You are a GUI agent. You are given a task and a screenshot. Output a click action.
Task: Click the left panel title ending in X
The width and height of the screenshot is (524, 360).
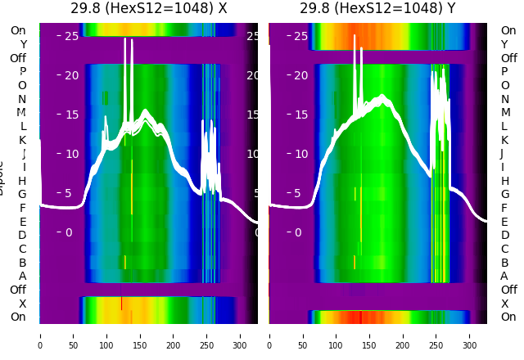click(x=148, y=8)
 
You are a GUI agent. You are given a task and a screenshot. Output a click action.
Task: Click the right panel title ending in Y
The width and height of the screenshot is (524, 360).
click(x=377, y=8)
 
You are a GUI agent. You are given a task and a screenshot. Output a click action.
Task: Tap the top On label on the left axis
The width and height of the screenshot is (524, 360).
click(x=18, y=30)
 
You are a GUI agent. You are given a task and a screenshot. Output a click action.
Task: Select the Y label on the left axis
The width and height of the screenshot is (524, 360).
click(x=23, y=44)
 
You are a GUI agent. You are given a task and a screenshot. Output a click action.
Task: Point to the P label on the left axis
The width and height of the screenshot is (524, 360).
click(x=23, y=71)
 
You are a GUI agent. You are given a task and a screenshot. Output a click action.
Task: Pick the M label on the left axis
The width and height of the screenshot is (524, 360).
click(x=22, y=112)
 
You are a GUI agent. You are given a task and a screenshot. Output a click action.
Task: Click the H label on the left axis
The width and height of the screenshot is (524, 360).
click(x=23, y=181)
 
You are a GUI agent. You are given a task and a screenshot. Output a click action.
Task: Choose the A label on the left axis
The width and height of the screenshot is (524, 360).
click(x=23, y=276)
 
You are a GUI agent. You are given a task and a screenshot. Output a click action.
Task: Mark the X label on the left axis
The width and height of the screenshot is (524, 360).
click(x=23, y=304)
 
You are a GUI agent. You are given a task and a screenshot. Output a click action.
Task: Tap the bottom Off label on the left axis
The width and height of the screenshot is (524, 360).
click(x=18, y=290)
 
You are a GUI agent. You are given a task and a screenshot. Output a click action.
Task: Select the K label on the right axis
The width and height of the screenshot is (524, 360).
click(x=504, y=140)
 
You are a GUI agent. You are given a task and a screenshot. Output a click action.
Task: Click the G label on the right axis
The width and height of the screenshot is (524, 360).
click(x=504, y=194)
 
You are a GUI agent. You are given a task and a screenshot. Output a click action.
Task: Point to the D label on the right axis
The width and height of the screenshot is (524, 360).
click(x=504, y=235)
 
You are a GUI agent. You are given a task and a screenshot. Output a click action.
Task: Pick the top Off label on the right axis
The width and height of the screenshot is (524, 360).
click(x=508, y=58)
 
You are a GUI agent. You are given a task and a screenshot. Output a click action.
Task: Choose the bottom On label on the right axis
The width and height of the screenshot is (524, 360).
click(x=508, y=317)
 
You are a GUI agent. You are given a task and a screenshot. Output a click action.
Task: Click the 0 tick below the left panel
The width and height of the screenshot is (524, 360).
click(x=40, y=335)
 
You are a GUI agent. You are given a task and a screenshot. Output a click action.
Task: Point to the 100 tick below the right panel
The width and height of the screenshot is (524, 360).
click(x=336, y=335)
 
